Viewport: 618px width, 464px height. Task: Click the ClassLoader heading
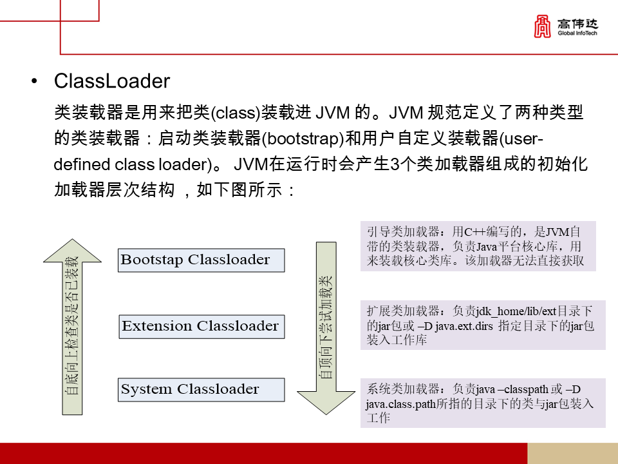pos(112,82)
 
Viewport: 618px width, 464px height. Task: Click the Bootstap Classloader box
pos(201,260)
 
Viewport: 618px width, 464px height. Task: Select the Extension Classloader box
pos(201,326)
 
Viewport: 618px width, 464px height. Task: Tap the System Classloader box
pos(201,390)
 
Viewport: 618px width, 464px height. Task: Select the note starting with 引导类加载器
pos(478,246)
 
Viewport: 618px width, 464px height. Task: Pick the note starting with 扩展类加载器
pos(482,325)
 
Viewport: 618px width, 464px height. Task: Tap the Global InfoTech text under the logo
pos(578,33)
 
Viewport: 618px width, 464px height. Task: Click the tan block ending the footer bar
pos(572,453)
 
